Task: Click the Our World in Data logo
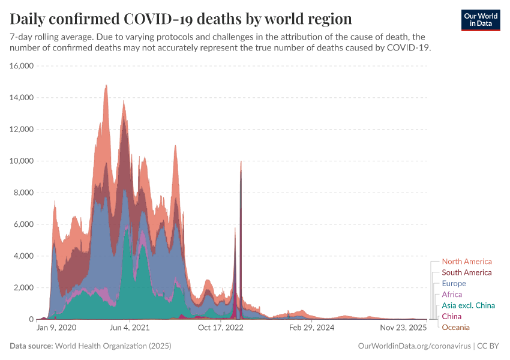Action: [480, 19]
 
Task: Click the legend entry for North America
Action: [466, 262]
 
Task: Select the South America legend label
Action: [466, 272]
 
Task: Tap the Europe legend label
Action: [454, 283]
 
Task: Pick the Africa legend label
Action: [452, 295]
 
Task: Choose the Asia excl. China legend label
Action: [468, 305]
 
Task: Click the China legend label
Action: [452, 316]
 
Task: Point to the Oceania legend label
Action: [455, 327]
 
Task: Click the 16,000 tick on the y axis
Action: [22, 66]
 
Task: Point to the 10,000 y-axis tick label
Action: [22, 161]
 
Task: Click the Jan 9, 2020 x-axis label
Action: [56, 328]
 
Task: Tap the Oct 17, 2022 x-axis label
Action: [221, 328]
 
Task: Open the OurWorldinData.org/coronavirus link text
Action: [413, 346]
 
